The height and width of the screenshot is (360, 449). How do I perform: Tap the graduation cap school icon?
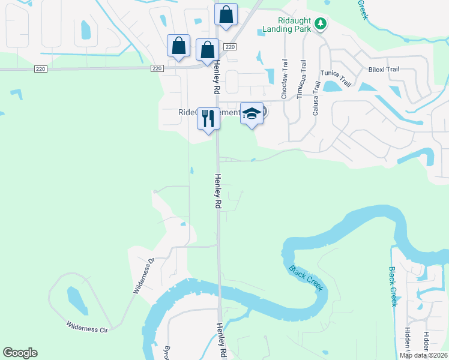(x=252, y=113)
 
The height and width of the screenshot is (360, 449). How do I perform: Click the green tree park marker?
(x=322, y=23)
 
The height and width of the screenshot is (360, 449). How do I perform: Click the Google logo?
(x=20, y=353)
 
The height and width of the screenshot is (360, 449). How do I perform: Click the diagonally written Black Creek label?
(x=306, y=278)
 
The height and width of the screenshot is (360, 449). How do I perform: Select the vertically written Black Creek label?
(x=393, y=286)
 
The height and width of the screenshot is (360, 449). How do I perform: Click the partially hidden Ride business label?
(x=187, y=112)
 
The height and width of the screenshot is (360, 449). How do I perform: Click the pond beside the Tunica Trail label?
(x=331, y=86)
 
